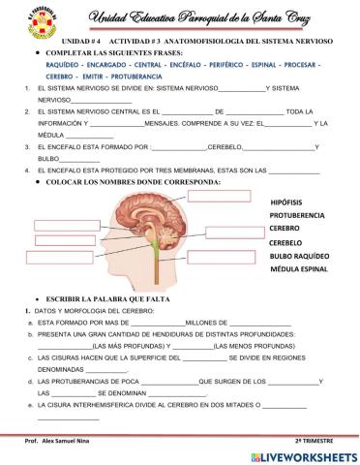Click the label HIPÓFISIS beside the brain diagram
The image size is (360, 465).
[x=291, y=200]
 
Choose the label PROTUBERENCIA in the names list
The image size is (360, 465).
[x=303, y=214]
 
